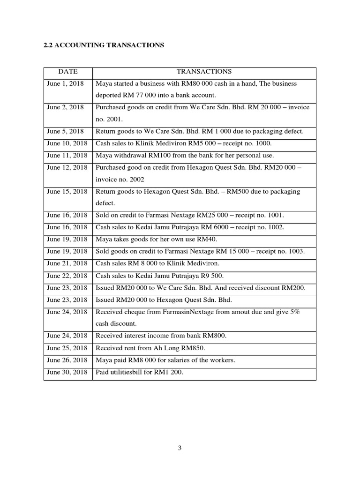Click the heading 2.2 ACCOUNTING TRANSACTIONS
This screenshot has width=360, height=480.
pyautogui.click(x=104, y=45)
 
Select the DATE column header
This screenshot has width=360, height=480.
pyautogui.click(x=68, y=72)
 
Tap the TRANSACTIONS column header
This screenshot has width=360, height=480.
pyautogui.click(x=204, y=72)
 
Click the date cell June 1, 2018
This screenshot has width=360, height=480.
pyautogui.click(x=65, y=83)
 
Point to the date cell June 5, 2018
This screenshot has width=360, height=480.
pyautogui.click(x=65, y=132)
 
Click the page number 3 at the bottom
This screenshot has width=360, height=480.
pyautogui.click(x=180, y=448)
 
